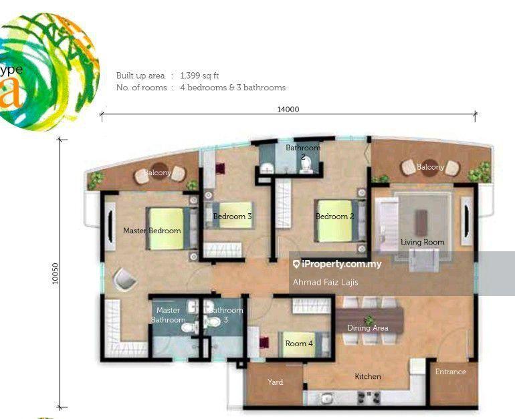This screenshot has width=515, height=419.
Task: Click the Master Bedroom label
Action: point(152,231)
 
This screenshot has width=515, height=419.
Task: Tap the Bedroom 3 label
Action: point(232,217)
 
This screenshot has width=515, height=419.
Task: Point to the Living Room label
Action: point(423,242)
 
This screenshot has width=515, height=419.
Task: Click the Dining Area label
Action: point(368,328)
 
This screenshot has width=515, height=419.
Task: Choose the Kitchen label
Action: point(368,376)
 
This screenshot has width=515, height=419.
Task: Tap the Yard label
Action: point(276,382)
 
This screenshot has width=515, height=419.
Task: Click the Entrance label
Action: point(451,372)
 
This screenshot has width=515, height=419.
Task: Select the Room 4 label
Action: point(299,343)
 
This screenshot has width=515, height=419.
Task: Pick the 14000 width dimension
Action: point(288,110)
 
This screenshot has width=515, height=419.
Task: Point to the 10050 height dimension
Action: point(55,273)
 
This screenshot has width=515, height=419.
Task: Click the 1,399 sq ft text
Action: point(199,76)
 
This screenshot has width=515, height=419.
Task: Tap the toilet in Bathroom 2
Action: point(307,165)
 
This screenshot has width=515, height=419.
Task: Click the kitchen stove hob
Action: point(369,398)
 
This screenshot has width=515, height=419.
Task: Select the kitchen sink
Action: point(327,398)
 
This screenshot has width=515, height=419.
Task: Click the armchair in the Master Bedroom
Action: point(124,279)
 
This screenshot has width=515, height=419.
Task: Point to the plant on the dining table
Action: point(369,319)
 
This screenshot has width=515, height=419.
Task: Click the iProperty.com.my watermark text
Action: point(342,264)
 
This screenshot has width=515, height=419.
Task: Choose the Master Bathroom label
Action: point(168,315)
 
